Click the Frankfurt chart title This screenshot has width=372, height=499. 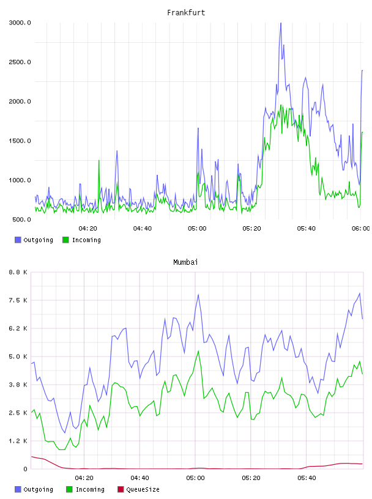coord(186,13)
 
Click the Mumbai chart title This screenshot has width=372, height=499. coord(185,262)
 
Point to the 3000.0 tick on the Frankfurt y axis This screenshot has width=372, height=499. coord(20,23)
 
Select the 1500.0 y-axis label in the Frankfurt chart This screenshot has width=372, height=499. coord(20,141)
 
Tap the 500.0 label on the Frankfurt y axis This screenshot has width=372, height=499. coord(21,220)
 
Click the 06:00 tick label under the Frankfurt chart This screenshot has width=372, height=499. coord(361,229)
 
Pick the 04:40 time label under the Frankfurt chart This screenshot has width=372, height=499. coord(143,229)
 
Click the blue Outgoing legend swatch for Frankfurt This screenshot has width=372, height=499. coord(18,240)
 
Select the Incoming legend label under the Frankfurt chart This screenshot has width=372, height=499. coord(86,240)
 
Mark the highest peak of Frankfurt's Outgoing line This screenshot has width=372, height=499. coord(281,23)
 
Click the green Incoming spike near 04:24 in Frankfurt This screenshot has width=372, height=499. coord(99,161)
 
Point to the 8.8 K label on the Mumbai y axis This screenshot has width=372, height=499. coord(18,272)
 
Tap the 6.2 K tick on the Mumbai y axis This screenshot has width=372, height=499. coord(18,328)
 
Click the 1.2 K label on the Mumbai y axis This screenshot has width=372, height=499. coord(18,441)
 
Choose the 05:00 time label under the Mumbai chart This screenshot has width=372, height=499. coord(195,478)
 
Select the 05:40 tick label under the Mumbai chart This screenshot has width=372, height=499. coord(307,478)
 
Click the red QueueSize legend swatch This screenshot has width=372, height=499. coord(121,489)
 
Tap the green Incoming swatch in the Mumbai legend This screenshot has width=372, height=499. coord(69,489)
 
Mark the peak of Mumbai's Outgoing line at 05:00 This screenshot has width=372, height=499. coord(198,295)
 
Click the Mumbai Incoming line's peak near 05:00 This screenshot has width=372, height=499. coord(198,352)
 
